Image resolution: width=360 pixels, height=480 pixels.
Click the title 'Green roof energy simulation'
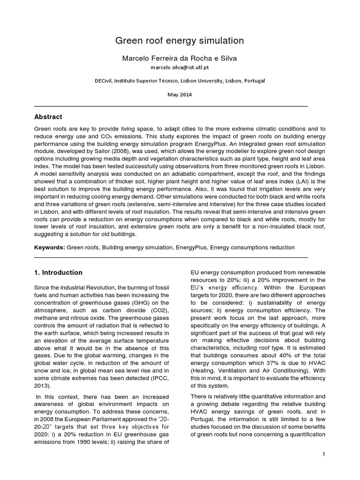(180, 41)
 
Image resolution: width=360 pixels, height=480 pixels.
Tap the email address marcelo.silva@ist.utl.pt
(180, 68)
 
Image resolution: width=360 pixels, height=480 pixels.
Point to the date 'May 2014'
(180, 94)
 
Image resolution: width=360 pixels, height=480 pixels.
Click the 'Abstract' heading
(48, 117)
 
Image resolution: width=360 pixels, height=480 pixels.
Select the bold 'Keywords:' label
(50, 247)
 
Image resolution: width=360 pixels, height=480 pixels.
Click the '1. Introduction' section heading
(58, 272)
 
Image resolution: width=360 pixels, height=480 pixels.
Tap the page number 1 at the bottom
(323, 454)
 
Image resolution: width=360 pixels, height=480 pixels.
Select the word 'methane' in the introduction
(46, 317)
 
